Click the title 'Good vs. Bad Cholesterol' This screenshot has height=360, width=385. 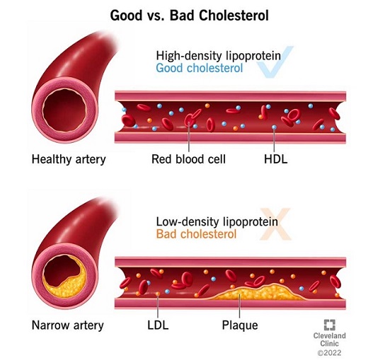tap(189, 16)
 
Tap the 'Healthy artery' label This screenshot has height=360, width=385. tap(69, 159)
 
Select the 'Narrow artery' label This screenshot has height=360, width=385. tap(68, 325)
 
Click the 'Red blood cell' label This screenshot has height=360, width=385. tap(188, 159)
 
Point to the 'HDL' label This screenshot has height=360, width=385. tap(276, 159)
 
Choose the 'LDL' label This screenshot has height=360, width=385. tap(158, 325)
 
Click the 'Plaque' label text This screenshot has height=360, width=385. tap(240, 325)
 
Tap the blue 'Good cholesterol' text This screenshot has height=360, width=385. tap(200, 68)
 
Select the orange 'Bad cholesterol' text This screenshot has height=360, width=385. tap(197, 234)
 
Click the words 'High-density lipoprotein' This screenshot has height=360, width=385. tap(219, 56)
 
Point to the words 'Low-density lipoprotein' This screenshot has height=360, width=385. tap(217, 221)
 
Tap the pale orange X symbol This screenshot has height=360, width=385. tap(275, 223)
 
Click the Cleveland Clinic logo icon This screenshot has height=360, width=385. tap(330, 325)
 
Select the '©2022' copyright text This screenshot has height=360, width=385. tap(330, 353)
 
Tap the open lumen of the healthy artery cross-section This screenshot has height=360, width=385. tap(65, 109)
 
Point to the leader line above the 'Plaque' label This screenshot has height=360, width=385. tap(240, 306)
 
